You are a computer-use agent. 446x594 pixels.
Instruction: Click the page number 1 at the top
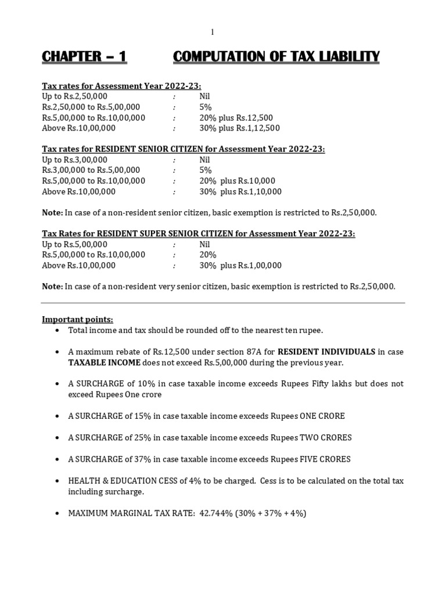coord(213,32)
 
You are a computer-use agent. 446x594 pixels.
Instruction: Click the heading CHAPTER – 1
coord(84,57)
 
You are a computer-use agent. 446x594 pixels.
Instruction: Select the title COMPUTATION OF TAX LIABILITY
coord(276,57)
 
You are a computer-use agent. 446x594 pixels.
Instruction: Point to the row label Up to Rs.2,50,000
coord(75,96)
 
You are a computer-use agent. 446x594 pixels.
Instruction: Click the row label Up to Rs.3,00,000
coord(75,160)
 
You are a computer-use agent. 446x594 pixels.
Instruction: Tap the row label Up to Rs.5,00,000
coord(75,244)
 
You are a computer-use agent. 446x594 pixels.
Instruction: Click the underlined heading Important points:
coord(78,320)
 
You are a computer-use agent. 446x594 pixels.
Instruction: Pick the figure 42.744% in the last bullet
coord(217,513)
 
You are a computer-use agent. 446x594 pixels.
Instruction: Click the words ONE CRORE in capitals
coord(322,416)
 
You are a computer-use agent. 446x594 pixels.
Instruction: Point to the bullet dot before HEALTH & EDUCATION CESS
coord(57,481)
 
